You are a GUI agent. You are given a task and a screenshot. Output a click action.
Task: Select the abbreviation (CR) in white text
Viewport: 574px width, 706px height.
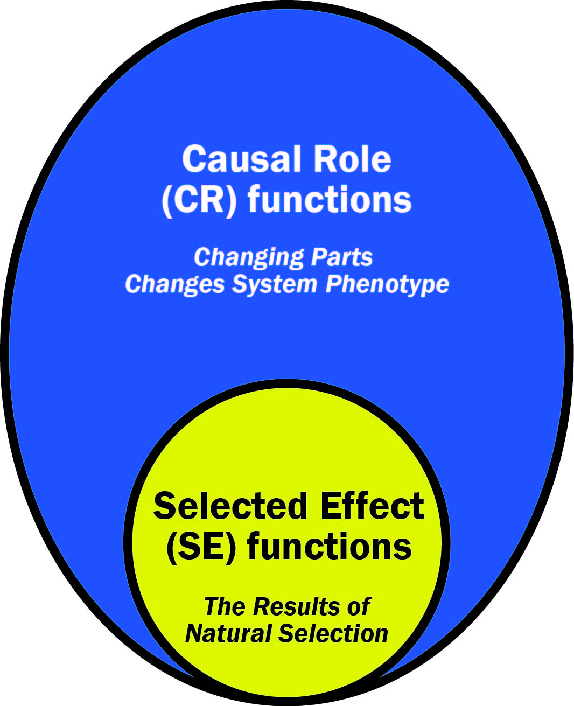(x=199, y=200)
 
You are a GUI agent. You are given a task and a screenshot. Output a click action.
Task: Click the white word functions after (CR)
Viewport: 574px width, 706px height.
(x=330, y=198)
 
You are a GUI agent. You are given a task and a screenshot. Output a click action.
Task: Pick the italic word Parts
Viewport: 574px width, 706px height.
(x=342, y=257)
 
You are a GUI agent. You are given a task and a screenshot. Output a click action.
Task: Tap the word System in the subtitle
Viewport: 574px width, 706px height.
(x=275, y=285)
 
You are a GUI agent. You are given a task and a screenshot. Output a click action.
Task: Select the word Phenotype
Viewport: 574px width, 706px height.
(x=387, y=285)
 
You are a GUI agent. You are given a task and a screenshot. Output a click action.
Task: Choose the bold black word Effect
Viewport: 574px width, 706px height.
(x=372, y=506)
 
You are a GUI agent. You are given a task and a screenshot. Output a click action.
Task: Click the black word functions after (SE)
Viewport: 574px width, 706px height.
(x=330, y=545)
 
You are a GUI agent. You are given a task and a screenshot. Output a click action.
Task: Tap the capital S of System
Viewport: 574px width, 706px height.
(x=240, y=284)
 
